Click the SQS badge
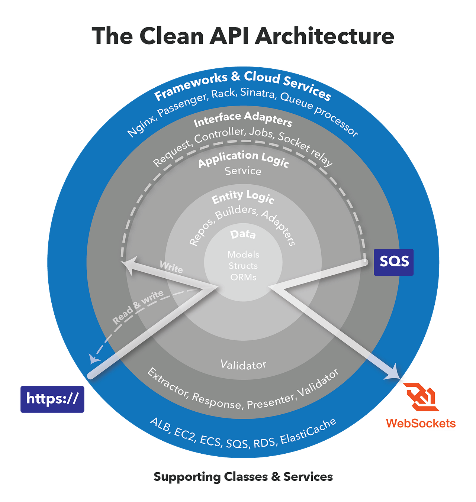pyautogui.click(x=393, y=262)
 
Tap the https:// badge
pyautogui.click(x=52, y=399)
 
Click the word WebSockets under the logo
pyautogui.click(x=421, y=423)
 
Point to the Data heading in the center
pyautogui.click(x=243, y=234)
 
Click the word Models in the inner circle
pyautogui.click(x=243, y=255)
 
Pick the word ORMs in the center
pyautogui.click(x=243, y=277)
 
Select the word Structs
pyautogui.click(x=243, y=266)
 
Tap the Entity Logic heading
pyautogui.click(x=243, y=197)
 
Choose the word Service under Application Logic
pyautogui.click(x=243, y=171)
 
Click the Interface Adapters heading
pyautogui.click(x=243, y=119)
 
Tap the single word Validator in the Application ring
pyautogui.click(x=243, y=365)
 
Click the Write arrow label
pyautogui.click(x=171, y=267)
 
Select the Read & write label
pyautogui.click(x=138, y=307)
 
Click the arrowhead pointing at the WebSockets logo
pyautogui.click(x=393, y=373)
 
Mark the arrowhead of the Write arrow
pyautogui.click(x=128, y=264)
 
